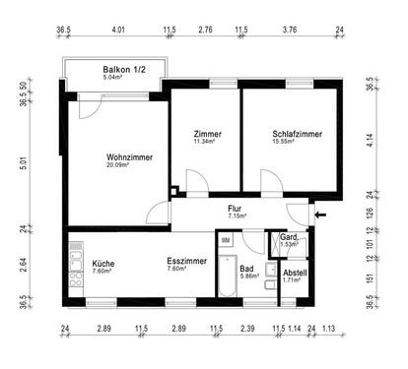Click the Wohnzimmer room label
128,155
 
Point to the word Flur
235,209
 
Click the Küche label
103,264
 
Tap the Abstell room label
295,272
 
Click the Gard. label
289,238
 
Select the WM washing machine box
226,240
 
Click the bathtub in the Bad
226,276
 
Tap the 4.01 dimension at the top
118,31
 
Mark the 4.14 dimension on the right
370,139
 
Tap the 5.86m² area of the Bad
247,277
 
